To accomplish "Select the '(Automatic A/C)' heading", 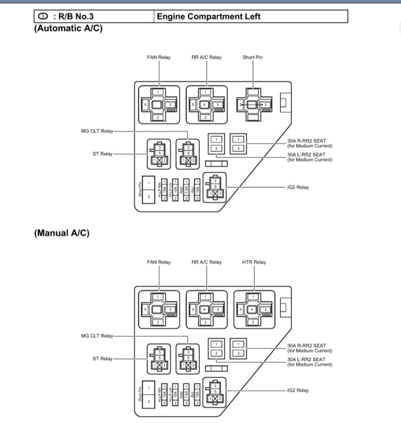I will click(x=68, y=28).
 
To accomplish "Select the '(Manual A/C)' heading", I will click(x=61, y=233).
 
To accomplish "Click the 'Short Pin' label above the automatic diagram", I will click(x=252, y=57).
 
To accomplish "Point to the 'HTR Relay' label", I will click(x=254, y=262).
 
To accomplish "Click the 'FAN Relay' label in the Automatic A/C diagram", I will click(x=159, y=57).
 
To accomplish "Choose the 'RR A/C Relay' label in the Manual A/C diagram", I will click(x=207, y=262).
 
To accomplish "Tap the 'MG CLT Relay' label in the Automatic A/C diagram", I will click(x=97, y=131).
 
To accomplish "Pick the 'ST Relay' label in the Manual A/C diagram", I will click(x=103, y=359).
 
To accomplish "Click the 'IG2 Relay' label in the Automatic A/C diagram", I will click(x=297, y=187).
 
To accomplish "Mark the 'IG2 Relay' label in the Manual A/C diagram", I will click(x=297, y=390).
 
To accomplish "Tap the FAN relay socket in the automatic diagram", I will click(x=159, y=104).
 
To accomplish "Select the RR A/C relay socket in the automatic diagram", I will click(x=207, y=104).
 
